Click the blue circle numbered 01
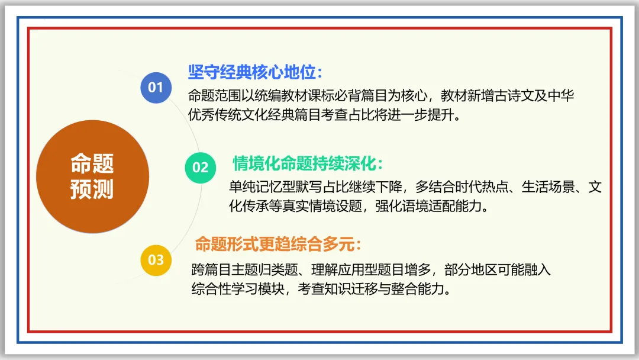pyautogui.click(x=156, y=88)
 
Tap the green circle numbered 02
pyautogui.click(x=201, y=167)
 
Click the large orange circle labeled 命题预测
pyautogui.click(x=92, y=176)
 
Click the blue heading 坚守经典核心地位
pyautogui.click(x=255, y=72)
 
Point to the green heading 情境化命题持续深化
pyautogui.click(x=308, y=163)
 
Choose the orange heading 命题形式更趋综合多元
pyautogui.click(x=277, y=243)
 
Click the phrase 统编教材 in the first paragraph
pyautogui.click(x=280, y=96)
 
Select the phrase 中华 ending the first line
pyautogui.click(x=561, y=96)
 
